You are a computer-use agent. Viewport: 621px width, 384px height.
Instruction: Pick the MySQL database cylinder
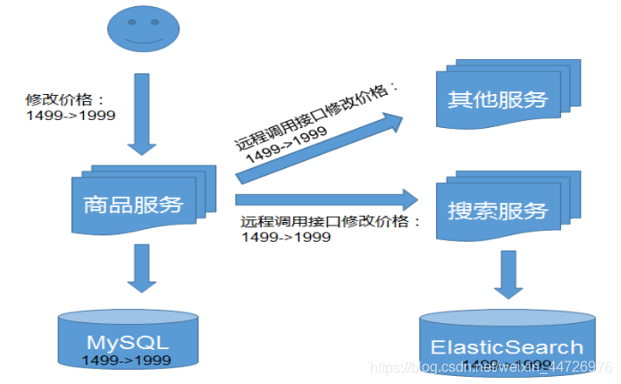127,341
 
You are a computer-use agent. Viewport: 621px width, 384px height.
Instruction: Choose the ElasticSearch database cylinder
507,346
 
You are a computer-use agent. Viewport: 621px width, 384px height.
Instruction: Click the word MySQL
127,341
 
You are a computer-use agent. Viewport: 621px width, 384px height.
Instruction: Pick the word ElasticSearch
507,347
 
